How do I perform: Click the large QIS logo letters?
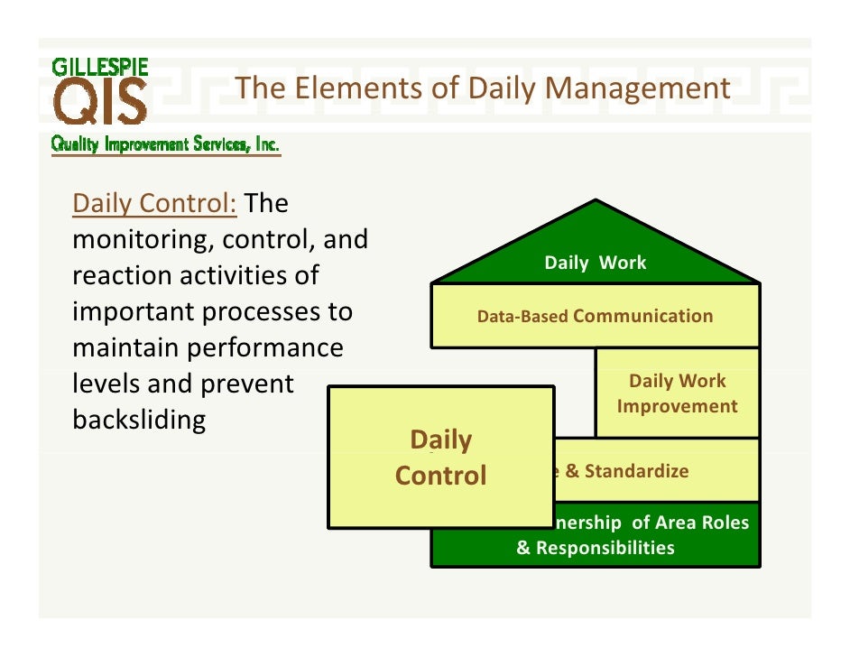coord(100,103)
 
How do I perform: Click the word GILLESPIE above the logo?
coord(100,67)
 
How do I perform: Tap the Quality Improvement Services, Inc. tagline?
coord(165,144)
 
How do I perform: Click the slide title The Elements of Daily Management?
coord(482,88)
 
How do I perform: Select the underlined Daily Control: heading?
coord(154,203)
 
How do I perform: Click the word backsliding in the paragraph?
coord(139,420)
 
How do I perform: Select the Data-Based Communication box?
coord(596,316)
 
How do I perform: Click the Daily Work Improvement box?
coord(677,393)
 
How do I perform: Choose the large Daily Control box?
coord(440,457)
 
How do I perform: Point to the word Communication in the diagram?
coord(642,316)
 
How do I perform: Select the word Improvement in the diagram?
coord(677,406)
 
